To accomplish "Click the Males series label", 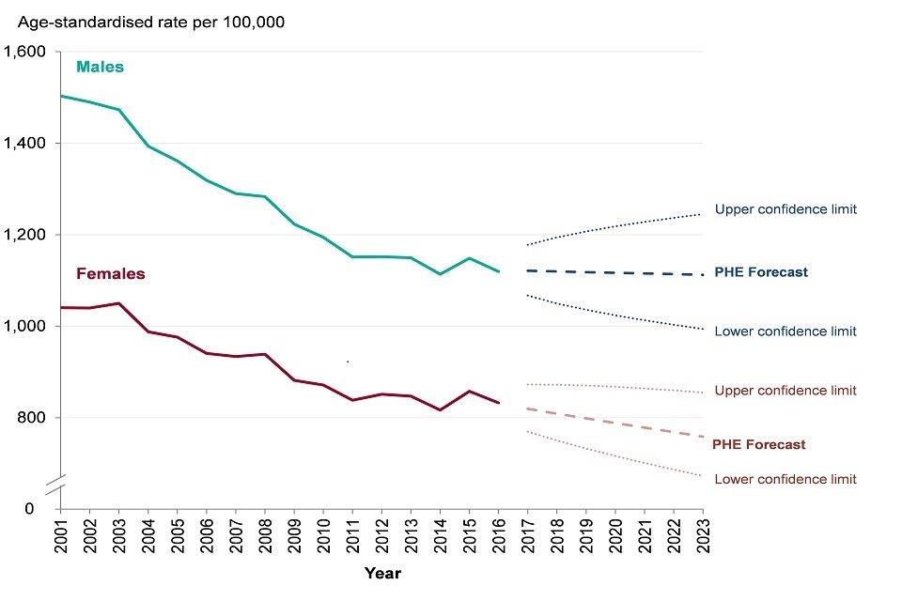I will tap(100, 68).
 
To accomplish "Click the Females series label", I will tap(111, 274).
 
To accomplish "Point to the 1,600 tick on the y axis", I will tap(26, 53).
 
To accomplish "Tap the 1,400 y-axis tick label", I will tap(26, 144).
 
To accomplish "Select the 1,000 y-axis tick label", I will tap(26, 327).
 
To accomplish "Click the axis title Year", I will tap(381, 572).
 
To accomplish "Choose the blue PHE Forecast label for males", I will tap(761, 272).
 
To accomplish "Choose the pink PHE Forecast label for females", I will tap(759, 445).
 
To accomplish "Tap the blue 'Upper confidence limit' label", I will tap(785, 209).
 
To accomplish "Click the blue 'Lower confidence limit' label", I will tap(785, 331).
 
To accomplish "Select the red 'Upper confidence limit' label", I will tap(785, 391).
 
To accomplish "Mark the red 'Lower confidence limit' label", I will tap(785, 480).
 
